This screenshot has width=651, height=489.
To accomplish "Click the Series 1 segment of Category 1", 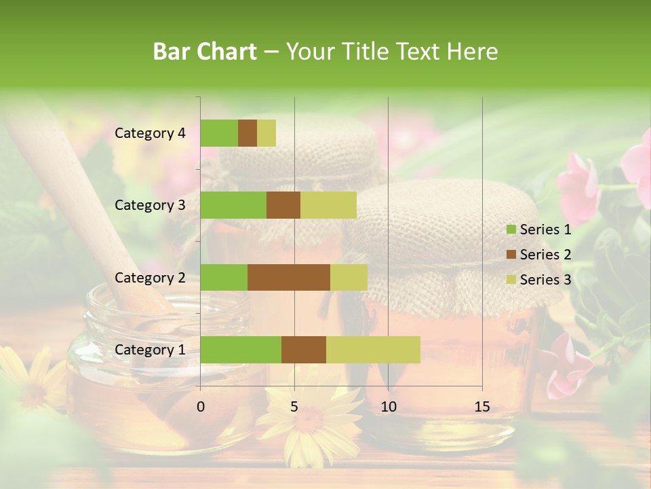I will (241, 350).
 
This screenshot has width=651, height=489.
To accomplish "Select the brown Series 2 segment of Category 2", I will (289, 278).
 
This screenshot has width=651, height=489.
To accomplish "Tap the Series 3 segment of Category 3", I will (328, 205).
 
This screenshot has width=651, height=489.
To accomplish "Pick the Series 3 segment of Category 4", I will (267, 133).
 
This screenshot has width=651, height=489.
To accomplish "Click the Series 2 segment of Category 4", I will (248, 133).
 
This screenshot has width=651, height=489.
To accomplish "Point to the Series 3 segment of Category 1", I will (373, 350).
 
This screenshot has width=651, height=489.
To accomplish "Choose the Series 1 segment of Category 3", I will (233, 205).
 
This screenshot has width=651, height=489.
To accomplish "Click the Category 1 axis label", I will (150, 350).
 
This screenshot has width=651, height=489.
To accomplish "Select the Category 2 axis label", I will (150, 278).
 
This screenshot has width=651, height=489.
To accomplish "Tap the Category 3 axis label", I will (150, 205).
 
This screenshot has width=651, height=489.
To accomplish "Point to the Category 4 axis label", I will (150, 133).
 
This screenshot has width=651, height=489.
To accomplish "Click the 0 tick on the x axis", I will (201, 407).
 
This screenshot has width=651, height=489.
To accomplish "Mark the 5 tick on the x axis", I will (294, 407).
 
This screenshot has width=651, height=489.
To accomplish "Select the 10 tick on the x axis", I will (388, 407).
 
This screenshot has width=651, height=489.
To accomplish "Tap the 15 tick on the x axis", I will (482, 407).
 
